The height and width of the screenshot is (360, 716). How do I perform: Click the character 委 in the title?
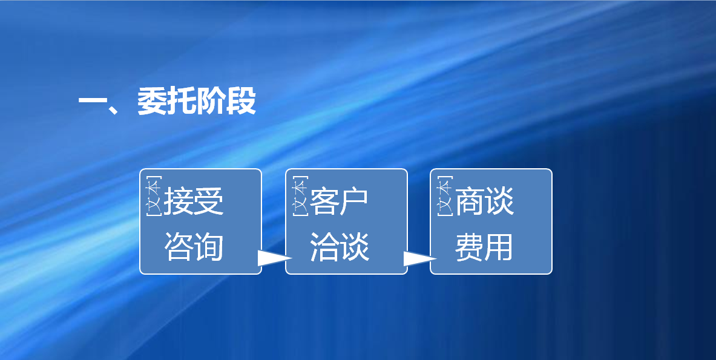151,100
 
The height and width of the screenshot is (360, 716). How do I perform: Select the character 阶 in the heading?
211,100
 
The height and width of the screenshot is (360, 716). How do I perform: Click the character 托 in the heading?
182,100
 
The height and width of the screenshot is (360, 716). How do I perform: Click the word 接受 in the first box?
194,201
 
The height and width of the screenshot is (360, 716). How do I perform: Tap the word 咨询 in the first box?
194,247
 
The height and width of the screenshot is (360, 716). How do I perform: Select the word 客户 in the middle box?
339,201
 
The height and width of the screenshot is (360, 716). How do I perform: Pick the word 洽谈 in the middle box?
340,247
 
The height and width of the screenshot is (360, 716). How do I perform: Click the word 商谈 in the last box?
484,201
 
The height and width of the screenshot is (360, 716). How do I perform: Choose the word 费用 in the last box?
484,247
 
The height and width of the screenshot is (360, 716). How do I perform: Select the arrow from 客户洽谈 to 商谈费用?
420,258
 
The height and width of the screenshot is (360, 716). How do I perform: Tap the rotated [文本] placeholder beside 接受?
154,196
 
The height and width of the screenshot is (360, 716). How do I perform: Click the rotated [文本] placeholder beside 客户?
300,196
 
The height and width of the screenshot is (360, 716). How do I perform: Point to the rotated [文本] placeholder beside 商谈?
445,196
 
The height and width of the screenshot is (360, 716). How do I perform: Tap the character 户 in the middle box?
354,201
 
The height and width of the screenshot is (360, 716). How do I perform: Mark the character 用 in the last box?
499,247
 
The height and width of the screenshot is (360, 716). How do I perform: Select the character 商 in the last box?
470,201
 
